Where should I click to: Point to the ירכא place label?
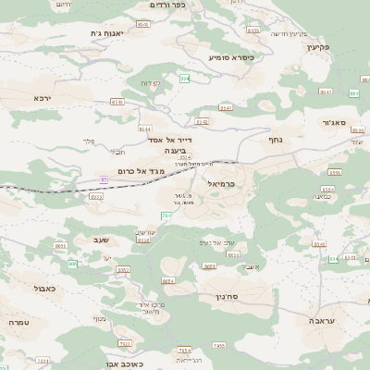(42, 97)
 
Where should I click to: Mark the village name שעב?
(102, 240)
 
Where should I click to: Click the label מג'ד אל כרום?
(142, 172)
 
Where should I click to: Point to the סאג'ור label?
(333, 121)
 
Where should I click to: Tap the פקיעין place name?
(341, 47)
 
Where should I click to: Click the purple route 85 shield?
(105, 179)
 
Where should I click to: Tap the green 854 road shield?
(185, 79)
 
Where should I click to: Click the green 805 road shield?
(72, 264)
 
